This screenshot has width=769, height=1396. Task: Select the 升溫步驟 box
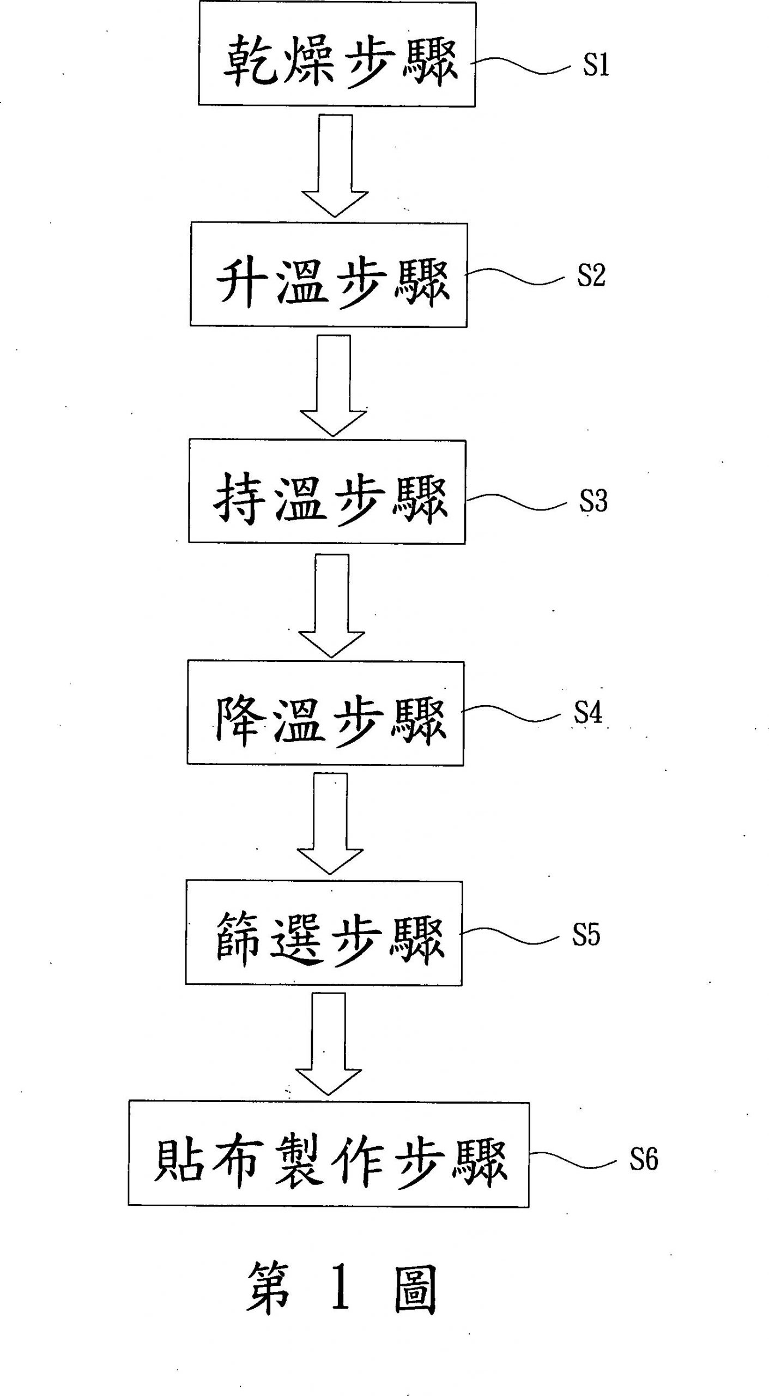[329, 274]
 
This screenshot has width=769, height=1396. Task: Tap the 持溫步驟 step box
[327, 491]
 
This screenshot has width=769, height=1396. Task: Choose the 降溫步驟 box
[325, 713]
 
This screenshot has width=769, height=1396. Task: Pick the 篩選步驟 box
[324, 932]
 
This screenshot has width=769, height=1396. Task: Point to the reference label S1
[596, 65]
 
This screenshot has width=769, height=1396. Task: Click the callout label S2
[591, 275]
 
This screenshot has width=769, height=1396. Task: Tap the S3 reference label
[593, 500]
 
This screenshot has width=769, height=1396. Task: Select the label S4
[588, 712]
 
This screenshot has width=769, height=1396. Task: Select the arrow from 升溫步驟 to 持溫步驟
[334, 384]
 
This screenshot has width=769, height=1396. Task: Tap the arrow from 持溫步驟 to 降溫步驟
[332, 605]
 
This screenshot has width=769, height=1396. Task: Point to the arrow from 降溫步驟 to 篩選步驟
[330, 823]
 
